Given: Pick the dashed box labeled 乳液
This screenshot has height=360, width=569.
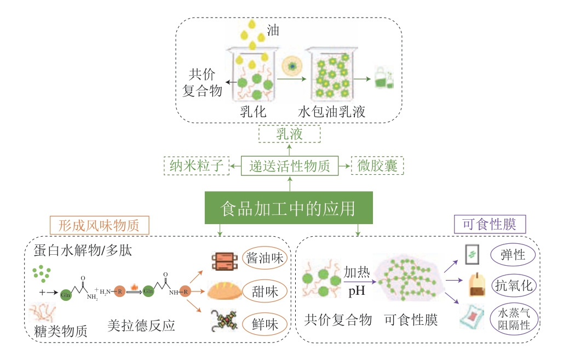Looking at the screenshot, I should click(289, 134).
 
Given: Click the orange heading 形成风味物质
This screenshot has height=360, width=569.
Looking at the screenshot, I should click(100, 225).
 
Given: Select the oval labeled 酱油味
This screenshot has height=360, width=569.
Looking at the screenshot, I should click(266, 258).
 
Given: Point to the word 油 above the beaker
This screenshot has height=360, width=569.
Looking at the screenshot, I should click(272, 30).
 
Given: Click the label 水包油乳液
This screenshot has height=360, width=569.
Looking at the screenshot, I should click(331, 113).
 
